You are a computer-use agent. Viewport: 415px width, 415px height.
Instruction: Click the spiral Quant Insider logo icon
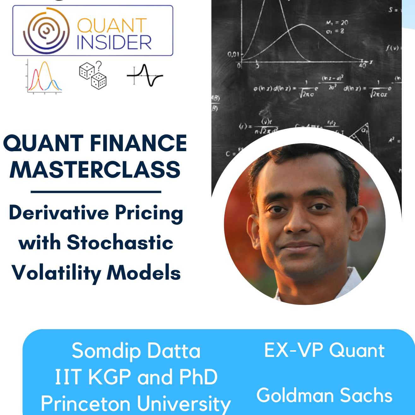[x=46, y=31]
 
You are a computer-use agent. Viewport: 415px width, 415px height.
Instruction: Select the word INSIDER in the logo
[x=114, y=42]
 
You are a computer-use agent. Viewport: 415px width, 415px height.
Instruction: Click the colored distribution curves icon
[x=44, y=77]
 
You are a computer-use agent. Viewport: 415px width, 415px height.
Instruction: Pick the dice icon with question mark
[x=93, y=75]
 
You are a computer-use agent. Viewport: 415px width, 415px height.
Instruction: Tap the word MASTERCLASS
[x=95, y=169]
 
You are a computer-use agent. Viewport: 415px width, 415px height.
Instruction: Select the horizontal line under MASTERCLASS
[x=96, y=192]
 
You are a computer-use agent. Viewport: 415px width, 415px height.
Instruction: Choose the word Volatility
[x=56, y=273]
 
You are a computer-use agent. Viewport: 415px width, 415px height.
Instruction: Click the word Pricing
[x=149, y=213]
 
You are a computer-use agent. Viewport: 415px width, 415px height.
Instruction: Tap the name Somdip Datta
[x=136, y=351]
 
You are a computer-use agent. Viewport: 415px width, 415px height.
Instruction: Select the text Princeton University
[x=136, y=404]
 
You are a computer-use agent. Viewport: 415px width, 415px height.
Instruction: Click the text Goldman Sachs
[x=324, y=395]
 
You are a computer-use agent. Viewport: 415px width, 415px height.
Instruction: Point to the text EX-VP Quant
[x=324, y=350]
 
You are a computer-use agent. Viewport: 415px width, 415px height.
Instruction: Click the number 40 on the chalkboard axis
[x=362, y=66]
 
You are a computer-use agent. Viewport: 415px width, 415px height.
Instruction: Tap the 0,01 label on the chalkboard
[x=233, y=55]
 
